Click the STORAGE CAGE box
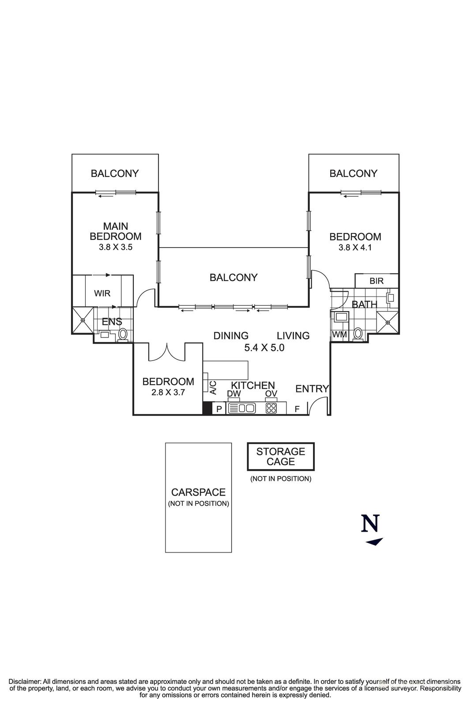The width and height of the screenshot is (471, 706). click(x=281, y=456)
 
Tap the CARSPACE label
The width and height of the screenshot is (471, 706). click(x=198, y=492)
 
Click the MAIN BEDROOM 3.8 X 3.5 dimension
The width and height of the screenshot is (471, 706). click(x=116, y=247)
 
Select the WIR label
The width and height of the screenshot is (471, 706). click(x=102, y=293)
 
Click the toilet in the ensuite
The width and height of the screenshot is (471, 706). click(x=123, y=334)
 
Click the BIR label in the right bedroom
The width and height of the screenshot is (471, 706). click(x=377, y=281)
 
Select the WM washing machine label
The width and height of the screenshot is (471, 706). click(x=339, y=334)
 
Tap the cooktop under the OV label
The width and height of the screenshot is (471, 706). click(x=271, y=409)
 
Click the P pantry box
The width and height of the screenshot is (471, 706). click(x=219, y=409)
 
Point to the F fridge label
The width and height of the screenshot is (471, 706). click(x=297, y=409)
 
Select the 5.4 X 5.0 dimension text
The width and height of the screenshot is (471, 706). click(x=264, y=348)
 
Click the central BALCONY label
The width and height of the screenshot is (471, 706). click(x=234, y=277)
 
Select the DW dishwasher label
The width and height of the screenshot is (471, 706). click(x=234, y=393)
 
